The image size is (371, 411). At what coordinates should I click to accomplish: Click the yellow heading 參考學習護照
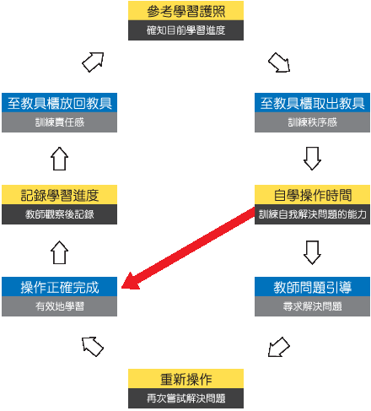pyautogui.click(x=185, y=11)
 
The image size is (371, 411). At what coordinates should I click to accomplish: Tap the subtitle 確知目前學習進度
pyautogui.click(x=185, y=30)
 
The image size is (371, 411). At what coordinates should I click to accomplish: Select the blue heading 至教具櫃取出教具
pyautogui.click(x=312, y=103)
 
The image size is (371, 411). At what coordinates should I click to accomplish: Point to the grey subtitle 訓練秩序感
pyautogui.click(x=312, y=122)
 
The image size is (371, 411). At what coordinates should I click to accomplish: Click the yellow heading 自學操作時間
pyautogui.click(x=312, y=195)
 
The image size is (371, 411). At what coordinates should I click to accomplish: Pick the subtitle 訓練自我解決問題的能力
pyautogui.click(x=312, y=214)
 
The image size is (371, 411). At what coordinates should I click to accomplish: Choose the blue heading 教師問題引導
pyautogui.click(x=312, y=287)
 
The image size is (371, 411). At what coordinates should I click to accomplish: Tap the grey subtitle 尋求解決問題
pyautogui.click(x=312, y=306)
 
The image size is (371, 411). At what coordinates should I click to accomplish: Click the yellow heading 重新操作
pyautogui.click(x=185, y=379)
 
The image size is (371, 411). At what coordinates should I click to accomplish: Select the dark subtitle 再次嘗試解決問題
pyautogui.click(x=185, y=398)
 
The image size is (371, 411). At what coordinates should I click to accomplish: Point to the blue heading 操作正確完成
pyautogui.click(x=59, y=287)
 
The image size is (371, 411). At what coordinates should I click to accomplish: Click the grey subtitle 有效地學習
pyautogui.click(x=59, y=306)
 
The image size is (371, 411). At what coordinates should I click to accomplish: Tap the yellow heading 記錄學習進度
pyautogui.click(x=59, y=195)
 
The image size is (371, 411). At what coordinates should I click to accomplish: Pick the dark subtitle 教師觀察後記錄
pyautogui.click(x=59, y=214)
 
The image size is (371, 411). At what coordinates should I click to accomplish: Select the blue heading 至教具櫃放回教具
pyautogui.click(x=59, y=103)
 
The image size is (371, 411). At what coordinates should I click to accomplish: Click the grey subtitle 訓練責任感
pyautogui.click(x=59, y=122)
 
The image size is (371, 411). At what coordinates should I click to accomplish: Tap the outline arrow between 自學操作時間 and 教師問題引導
pyautogui.click(x=312, y=252)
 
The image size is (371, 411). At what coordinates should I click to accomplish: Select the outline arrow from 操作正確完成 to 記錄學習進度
pyautogui.click(x=59, y=252)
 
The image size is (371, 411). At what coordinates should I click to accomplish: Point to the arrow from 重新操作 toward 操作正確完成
pyautogui.click(x=93, y=347)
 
